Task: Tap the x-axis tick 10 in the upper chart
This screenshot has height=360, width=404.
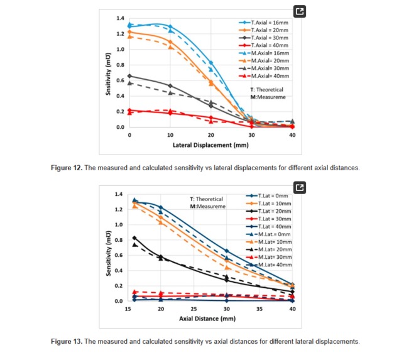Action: (x=170, y=136)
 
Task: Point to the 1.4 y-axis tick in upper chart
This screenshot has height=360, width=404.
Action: (x=119, y=18)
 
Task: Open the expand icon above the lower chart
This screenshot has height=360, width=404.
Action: (x=300, y=187)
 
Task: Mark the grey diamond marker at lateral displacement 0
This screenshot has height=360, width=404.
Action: (x=129, y=76)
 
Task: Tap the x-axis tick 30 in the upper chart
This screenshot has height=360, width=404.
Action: (x=251, y=136)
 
